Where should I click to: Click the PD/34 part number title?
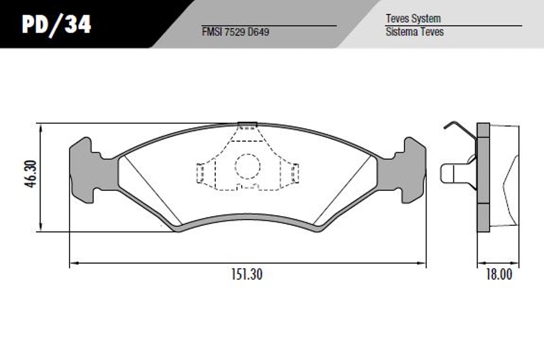click(x=56, y=25)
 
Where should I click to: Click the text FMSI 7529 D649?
click(x=235, y=32)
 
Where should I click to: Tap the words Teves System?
click(x=413, y=18)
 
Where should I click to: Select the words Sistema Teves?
click(x=415, y=32)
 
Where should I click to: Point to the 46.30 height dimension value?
click(x=31, y=174)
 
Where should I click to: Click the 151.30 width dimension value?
click(x=247, y=275)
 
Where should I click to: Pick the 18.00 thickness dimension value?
click(x=499, y=275)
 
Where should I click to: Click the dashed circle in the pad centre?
click(x=247, y=166)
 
